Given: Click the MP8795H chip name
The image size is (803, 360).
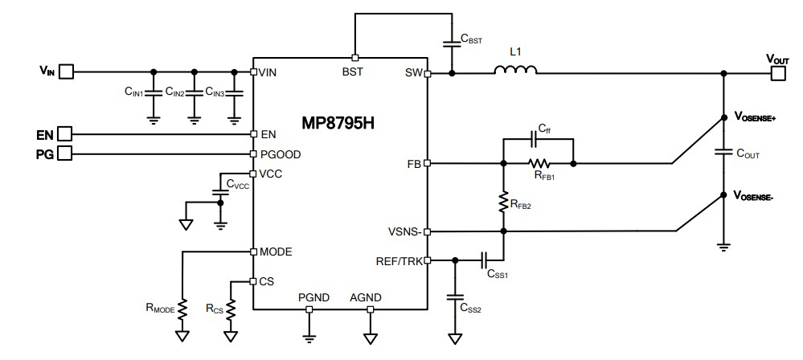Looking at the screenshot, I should (338, 125).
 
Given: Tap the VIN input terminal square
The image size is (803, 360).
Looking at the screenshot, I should (67, 72).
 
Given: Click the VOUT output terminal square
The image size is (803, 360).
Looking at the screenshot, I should (777, 73).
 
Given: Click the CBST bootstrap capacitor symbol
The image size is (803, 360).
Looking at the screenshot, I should (453, 43).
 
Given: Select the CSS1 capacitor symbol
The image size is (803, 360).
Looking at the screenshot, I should (485, 260).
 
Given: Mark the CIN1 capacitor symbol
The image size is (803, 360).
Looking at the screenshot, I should (154, 93).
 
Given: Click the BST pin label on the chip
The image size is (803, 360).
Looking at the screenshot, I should (353, 72).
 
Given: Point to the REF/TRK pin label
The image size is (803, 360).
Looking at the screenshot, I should (399, 260).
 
